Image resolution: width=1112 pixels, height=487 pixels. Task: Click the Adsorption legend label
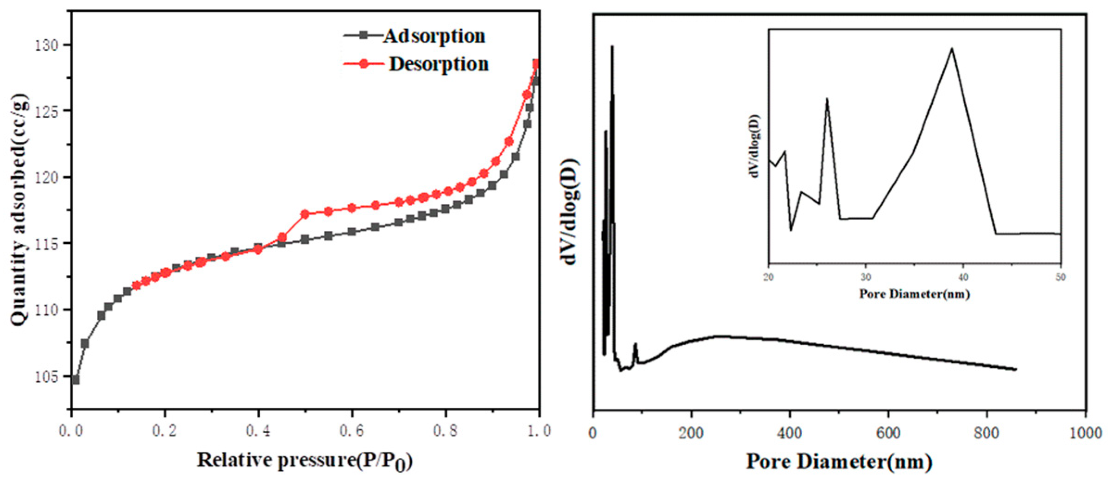click(433, 36)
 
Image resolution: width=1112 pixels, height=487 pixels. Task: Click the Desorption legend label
click(438, 64)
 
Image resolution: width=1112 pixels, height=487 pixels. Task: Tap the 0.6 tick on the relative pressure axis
click(352, 431)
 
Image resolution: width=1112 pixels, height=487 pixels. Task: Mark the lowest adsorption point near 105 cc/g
click(75, 380)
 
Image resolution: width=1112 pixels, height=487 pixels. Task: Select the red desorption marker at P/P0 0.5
click(305, 214)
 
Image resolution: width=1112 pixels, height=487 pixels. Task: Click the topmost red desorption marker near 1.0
click(536, 64)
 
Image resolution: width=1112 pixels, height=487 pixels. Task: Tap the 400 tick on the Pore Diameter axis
click(789, 433)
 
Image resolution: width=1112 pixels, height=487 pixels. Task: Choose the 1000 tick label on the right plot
click(1085, 433)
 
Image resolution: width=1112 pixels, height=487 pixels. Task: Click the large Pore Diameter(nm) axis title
click(839, 462)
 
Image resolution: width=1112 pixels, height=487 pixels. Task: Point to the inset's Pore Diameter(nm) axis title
click(914, 294)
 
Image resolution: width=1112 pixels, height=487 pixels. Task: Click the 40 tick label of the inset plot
click(963, 277)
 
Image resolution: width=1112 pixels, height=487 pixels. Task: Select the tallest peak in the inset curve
click(952, 49)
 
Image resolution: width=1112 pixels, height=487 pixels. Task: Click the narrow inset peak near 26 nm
click(827, 99)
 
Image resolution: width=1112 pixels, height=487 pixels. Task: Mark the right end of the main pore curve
click(1016, 369)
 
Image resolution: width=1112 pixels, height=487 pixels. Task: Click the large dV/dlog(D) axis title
click(571, 212)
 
